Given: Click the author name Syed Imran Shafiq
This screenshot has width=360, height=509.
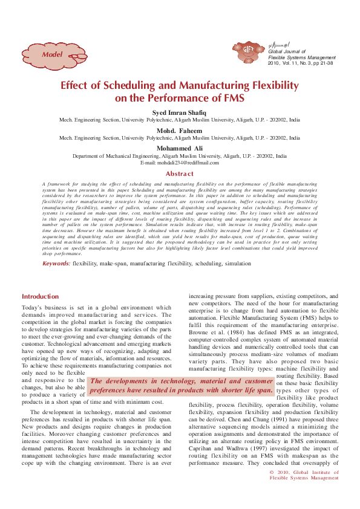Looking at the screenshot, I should tap(180, 113).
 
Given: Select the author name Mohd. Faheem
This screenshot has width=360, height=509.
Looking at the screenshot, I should tap(180, 131).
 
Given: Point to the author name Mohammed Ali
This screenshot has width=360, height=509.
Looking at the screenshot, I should tap(180, 148).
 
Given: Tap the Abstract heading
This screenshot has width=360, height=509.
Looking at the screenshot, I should tap(180, 174).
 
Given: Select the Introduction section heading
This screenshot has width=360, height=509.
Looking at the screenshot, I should tap(40, 297).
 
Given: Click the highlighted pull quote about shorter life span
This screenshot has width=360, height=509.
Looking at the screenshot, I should tap(181, 386).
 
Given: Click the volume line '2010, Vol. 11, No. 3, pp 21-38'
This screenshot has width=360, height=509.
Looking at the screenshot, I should tap(299, 63).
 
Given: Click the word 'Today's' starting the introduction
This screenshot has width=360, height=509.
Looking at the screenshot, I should tap(33, 307).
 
